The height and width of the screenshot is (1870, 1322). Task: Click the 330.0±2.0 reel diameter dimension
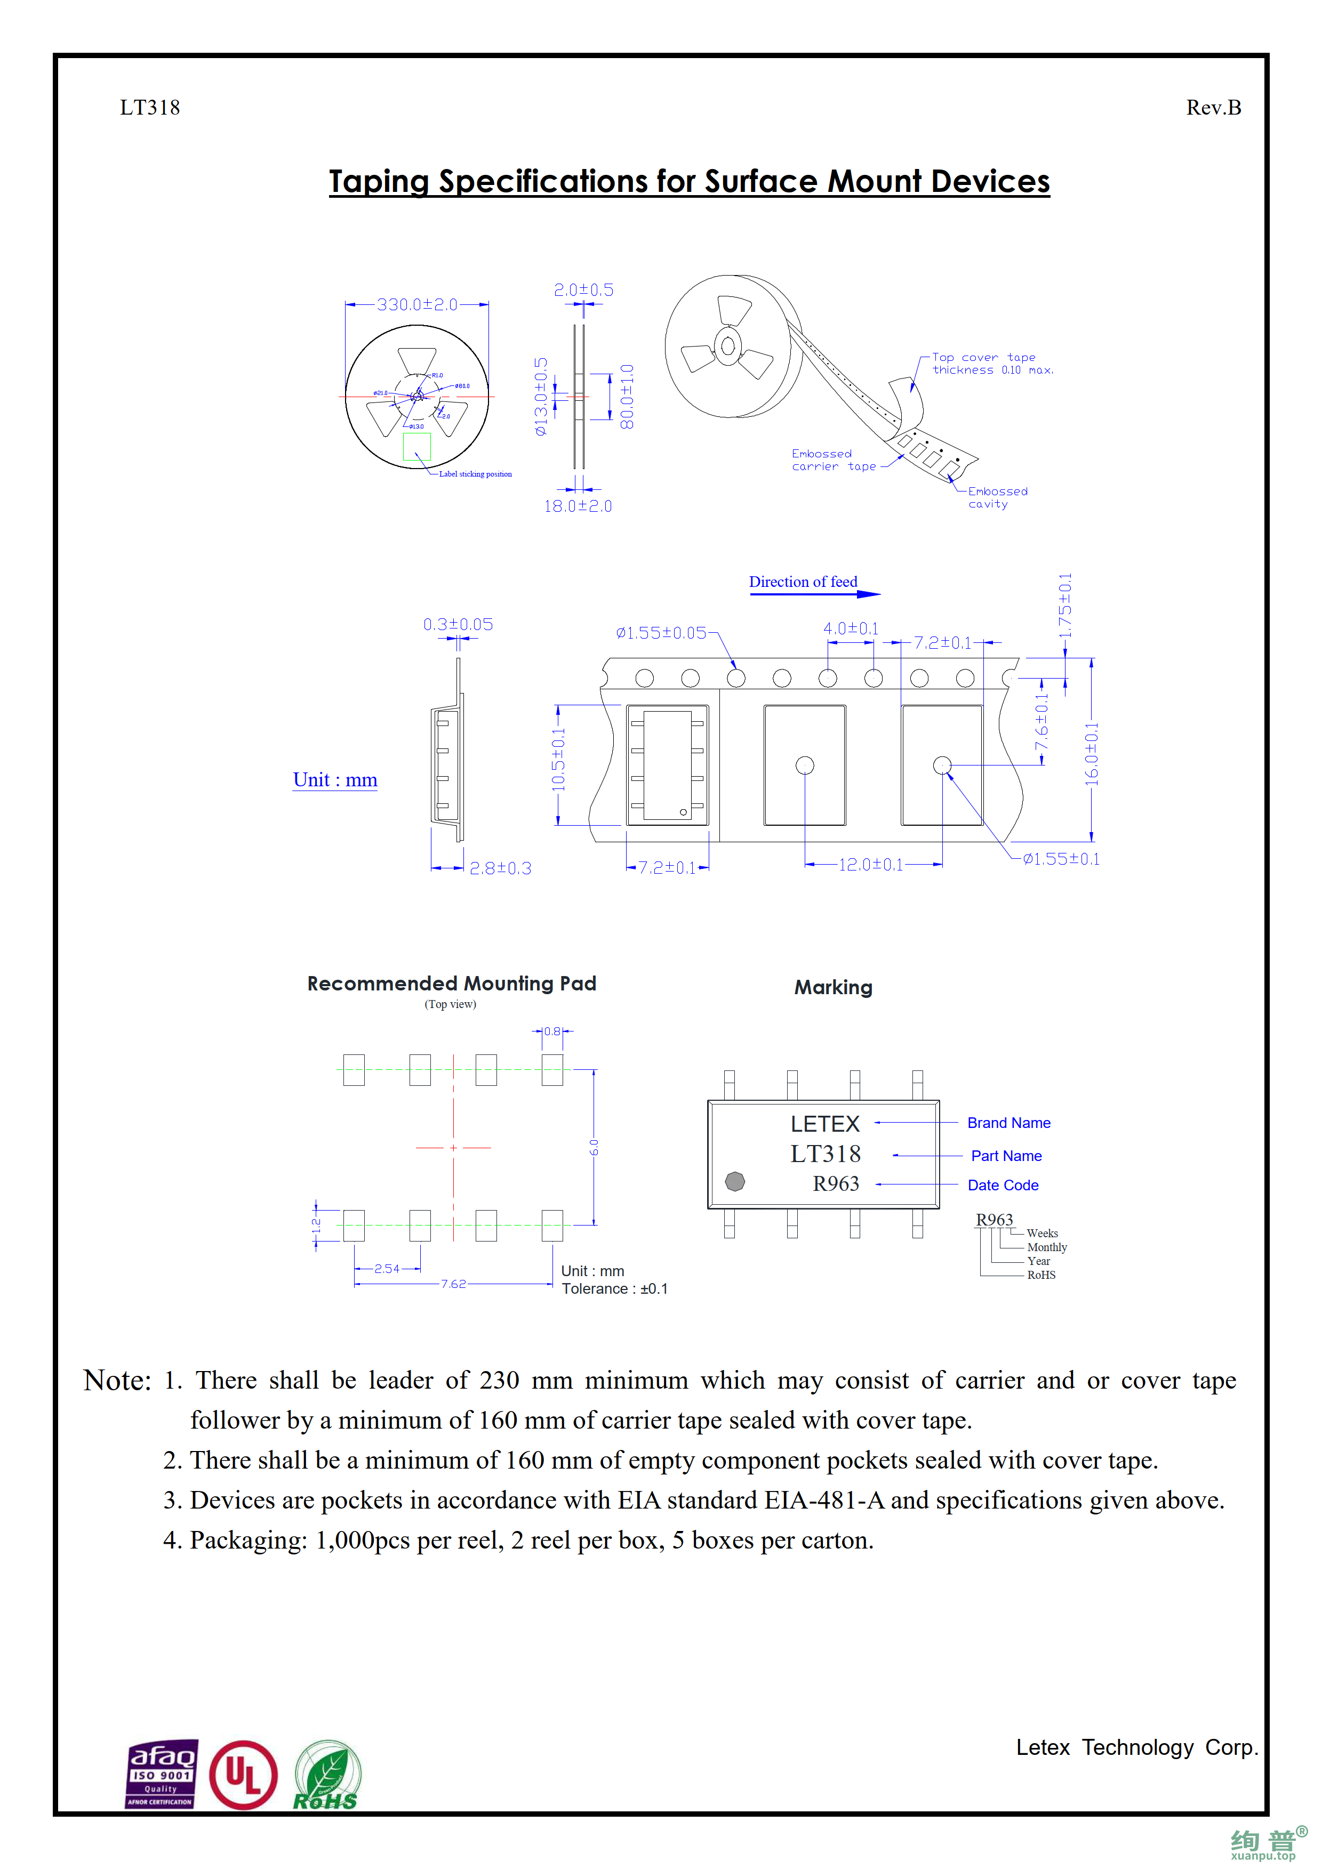[x=416, y=304]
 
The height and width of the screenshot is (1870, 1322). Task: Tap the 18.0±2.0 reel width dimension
[x=578, y=506]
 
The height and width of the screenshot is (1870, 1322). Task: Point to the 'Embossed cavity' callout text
[x=997, y=498]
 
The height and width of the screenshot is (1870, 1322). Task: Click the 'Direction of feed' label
[x=803, y=582]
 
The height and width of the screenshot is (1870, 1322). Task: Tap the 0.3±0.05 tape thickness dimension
[x=458, y=625]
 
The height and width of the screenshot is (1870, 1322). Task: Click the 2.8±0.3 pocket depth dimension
[x=500, y=868]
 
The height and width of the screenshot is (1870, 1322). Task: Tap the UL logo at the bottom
[x=243, y=1776]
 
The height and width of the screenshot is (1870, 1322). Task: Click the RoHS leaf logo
[x=326, y=1776]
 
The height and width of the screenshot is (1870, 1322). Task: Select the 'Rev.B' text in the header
[x=1213, y=108]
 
